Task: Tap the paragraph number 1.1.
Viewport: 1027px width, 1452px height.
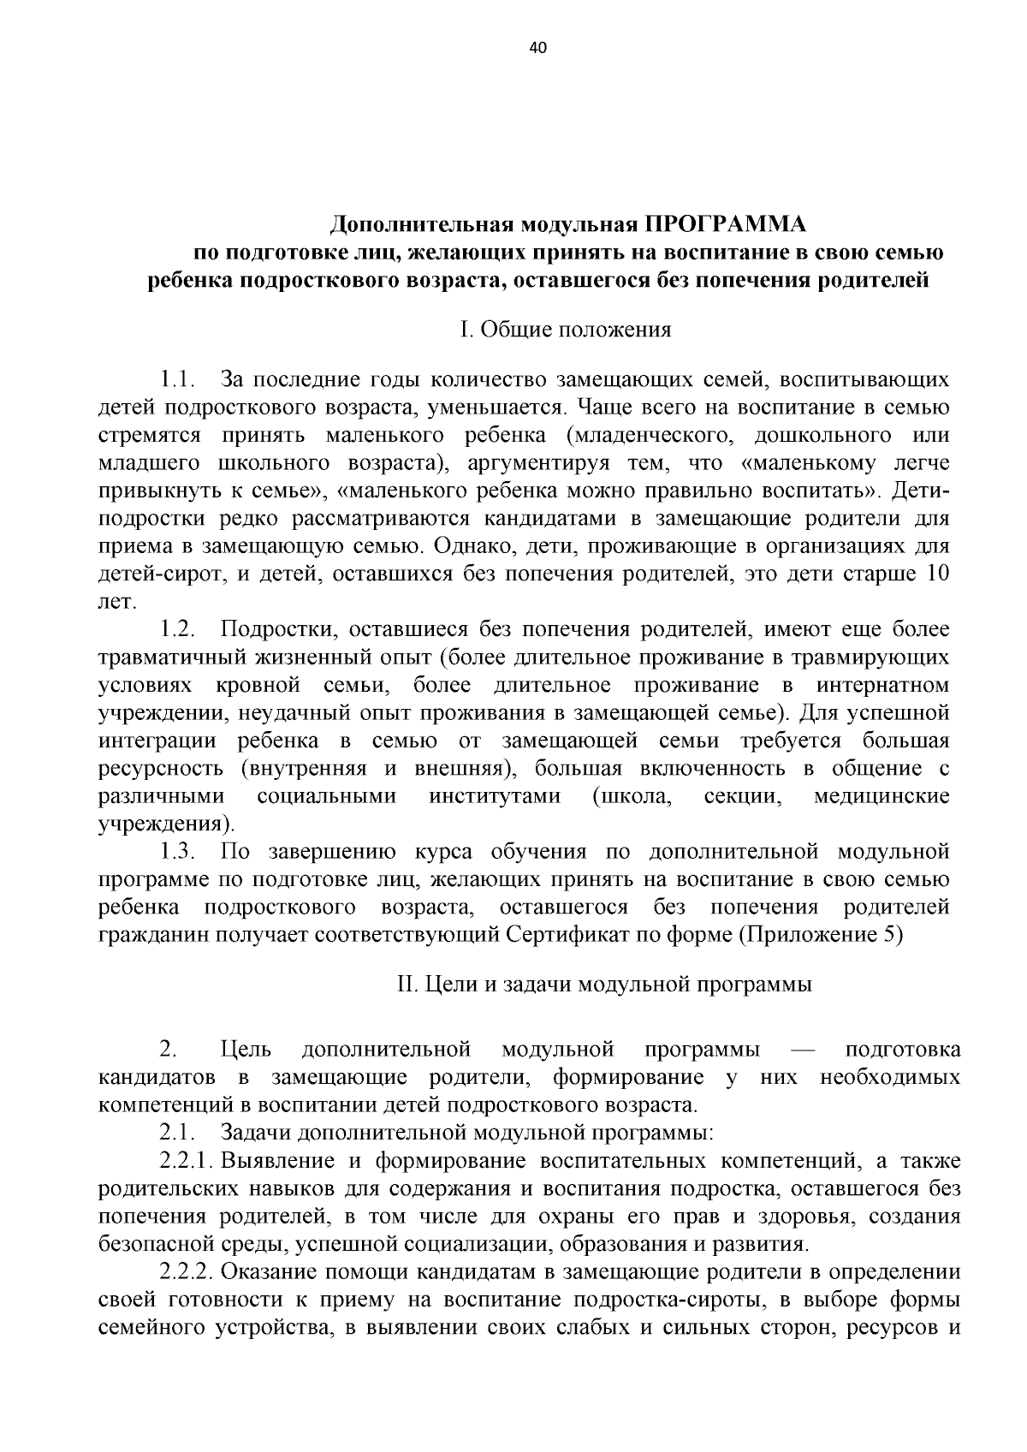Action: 179,378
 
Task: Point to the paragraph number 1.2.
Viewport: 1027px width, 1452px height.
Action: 179,630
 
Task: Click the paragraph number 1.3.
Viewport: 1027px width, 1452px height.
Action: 179,852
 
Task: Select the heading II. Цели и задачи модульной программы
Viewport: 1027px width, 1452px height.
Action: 604,985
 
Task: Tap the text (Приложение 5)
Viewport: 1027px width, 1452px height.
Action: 820,935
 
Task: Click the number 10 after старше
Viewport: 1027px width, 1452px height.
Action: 936,574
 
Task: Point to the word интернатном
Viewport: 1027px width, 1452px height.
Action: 882,686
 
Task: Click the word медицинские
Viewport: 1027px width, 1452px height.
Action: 881,797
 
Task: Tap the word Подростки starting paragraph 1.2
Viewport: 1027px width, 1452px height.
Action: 268,630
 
